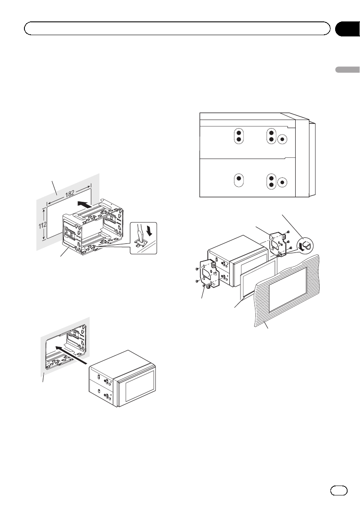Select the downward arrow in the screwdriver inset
click(x=148, y=232)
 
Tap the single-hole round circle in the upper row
click(x=282, y=139)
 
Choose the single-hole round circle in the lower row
click(x=282, y=182)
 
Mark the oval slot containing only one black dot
click(x=240, y=181)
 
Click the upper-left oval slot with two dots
click(x=239, y=136)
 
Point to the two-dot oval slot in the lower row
click(x=270, y=182)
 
